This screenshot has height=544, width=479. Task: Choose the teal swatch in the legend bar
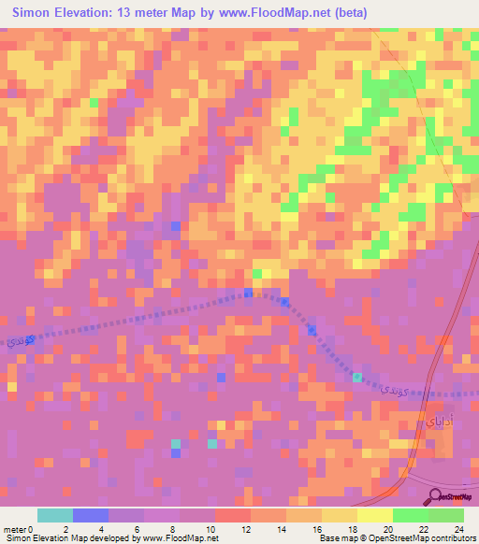pos(55,515)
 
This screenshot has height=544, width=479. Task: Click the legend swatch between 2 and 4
pos(91,515)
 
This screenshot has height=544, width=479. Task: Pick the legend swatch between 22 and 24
pos(445,515)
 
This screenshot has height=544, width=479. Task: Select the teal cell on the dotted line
pos(357,377)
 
